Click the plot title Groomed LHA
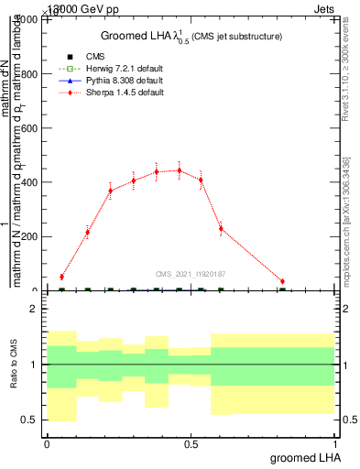[x=191, y=36]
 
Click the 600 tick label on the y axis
[x=29, y=128]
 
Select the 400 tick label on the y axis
[x=29, y=182]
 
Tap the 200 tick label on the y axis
[x=29, y=236]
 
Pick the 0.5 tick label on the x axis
[x=191, y=442]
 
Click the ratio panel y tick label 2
[x=34, y=310]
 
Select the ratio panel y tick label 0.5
[x=29, y=420]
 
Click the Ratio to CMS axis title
[x=14, y=365]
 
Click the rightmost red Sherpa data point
[x=282, y=281]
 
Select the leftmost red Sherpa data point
[x=61, y=277]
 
